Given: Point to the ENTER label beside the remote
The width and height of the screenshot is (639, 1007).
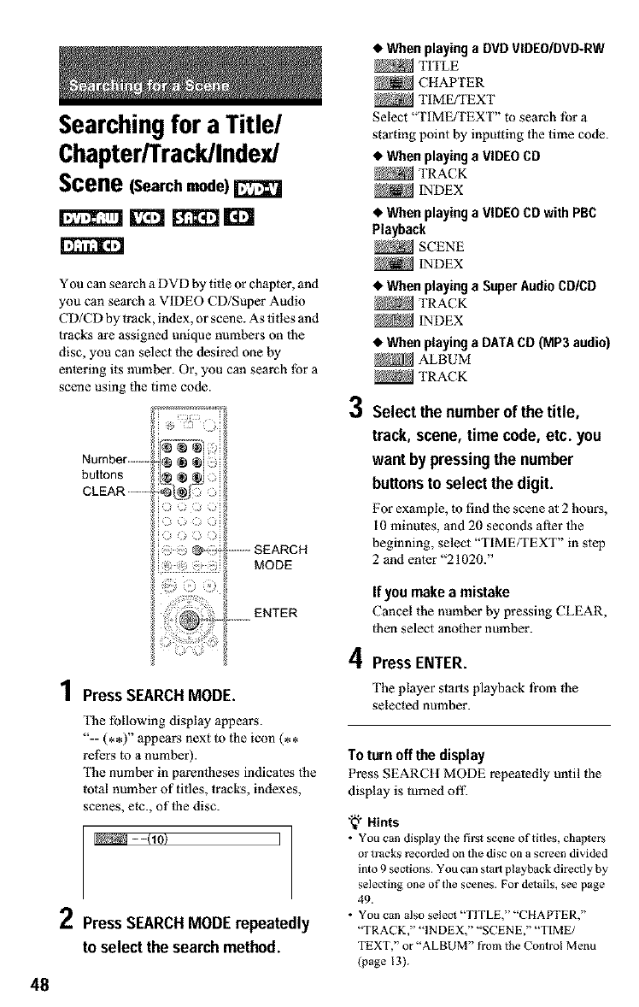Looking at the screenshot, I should point(276,612).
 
